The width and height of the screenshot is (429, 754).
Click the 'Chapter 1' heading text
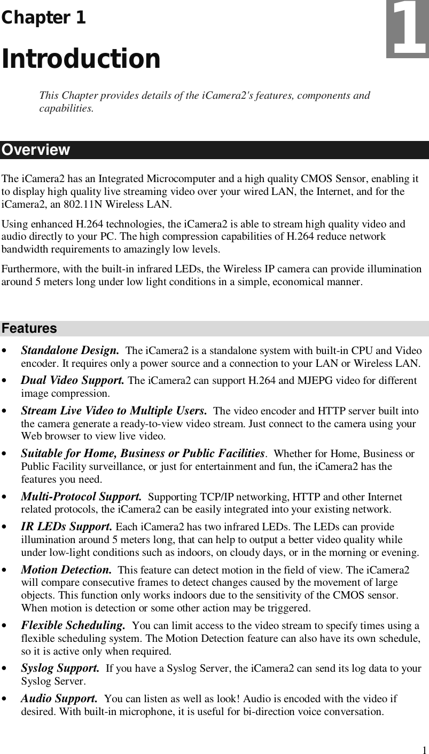coord(43,18)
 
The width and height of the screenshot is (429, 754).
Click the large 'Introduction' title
coord(81,59)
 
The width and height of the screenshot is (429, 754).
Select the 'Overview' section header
coord(35,150)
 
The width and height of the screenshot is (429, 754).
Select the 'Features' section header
coord(29,328)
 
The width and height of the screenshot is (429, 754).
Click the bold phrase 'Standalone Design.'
coord(69,351)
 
